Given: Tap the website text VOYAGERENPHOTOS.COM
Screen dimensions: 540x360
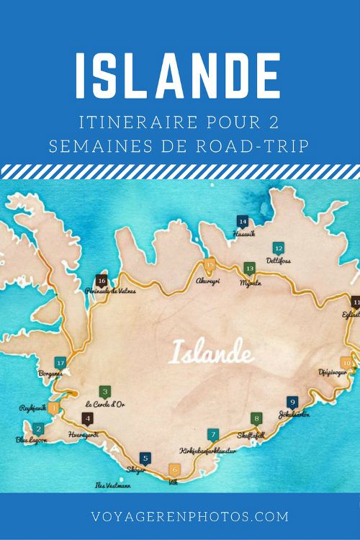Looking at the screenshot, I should pyautogui.click(x=180, y=516).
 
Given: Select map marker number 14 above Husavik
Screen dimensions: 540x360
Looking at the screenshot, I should pyautogui.click(x=243, y=222).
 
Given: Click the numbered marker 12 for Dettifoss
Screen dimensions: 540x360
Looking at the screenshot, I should pyautogui.click(x=279, y=248).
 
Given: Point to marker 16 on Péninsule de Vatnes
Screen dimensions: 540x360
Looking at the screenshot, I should pyautogui.click(x=102, y=281).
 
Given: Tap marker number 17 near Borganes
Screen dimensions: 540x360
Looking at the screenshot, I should pyautogui.click(x=60, y=363).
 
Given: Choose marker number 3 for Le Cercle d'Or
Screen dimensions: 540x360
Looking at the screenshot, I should pyautogui.click(x=105, y=392).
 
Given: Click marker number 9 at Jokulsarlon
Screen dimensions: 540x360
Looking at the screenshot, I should pyautogui.click(x=292, y=402).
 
